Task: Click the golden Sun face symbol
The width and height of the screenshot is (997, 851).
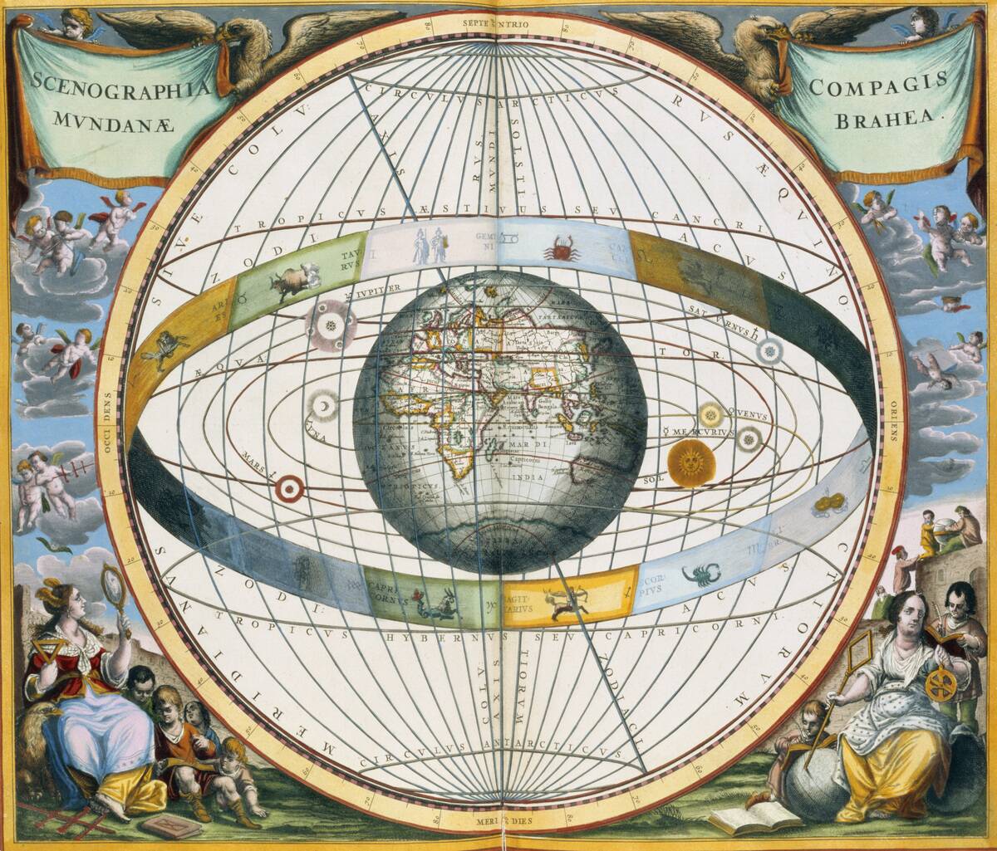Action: click(x=691, y=463)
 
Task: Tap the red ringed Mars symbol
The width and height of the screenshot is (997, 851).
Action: click(x=289, y=489)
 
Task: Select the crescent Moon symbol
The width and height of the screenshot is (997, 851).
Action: click(x=322, y=405)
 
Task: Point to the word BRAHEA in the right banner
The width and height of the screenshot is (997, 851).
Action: click(x=890, y=117)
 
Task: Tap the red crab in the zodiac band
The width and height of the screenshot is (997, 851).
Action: click(x=562, y=248)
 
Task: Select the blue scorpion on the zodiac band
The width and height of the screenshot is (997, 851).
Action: click(x=700, y=574)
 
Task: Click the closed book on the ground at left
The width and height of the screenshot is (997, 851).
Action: click(x=170, y=825)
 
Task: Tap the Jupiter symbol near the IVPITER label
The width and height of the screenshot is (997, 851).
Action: click(x=332, y=325)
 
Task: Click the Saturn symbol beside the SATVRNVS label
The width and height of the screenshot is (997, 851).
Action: click(x=769, y=351)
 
